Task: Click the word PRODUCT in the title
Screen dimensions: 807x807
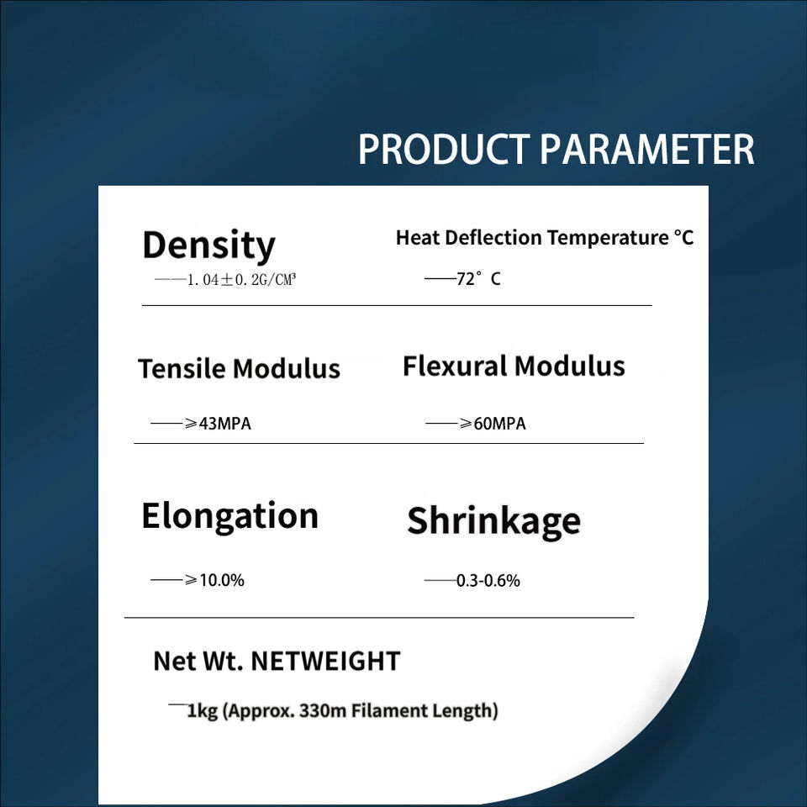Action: (444, 150)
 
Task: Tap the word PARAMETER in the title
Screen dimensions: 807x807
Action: (647, 150)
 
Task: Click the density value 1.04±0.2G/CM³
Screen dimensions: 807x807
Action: (241, 279)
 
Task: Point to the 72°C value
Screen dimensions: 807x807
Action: (478, 278)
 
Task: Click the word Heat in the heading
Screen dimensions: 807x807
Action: (417, 237)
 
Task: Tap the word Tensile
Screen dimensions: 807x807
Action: (182, 368)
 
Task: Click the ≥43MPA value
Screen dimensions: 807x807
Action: (218, 424)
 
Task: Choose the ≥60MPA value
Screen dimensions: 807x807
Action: (493, 424)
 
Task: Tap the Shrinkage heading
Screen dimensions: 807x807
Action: (494, 522)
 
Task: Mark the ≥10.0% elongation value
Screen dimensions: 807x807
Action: (214, 580)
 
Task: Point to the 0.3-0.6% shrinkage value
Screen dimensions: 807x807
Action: (488, 581)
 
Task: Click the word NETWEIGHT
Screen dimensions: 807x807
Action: (325, 662)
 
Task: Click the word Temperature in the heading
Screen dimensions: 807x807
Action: (607, 237)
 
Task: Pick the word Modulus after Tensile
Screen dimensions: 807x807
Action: (286, 368)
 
